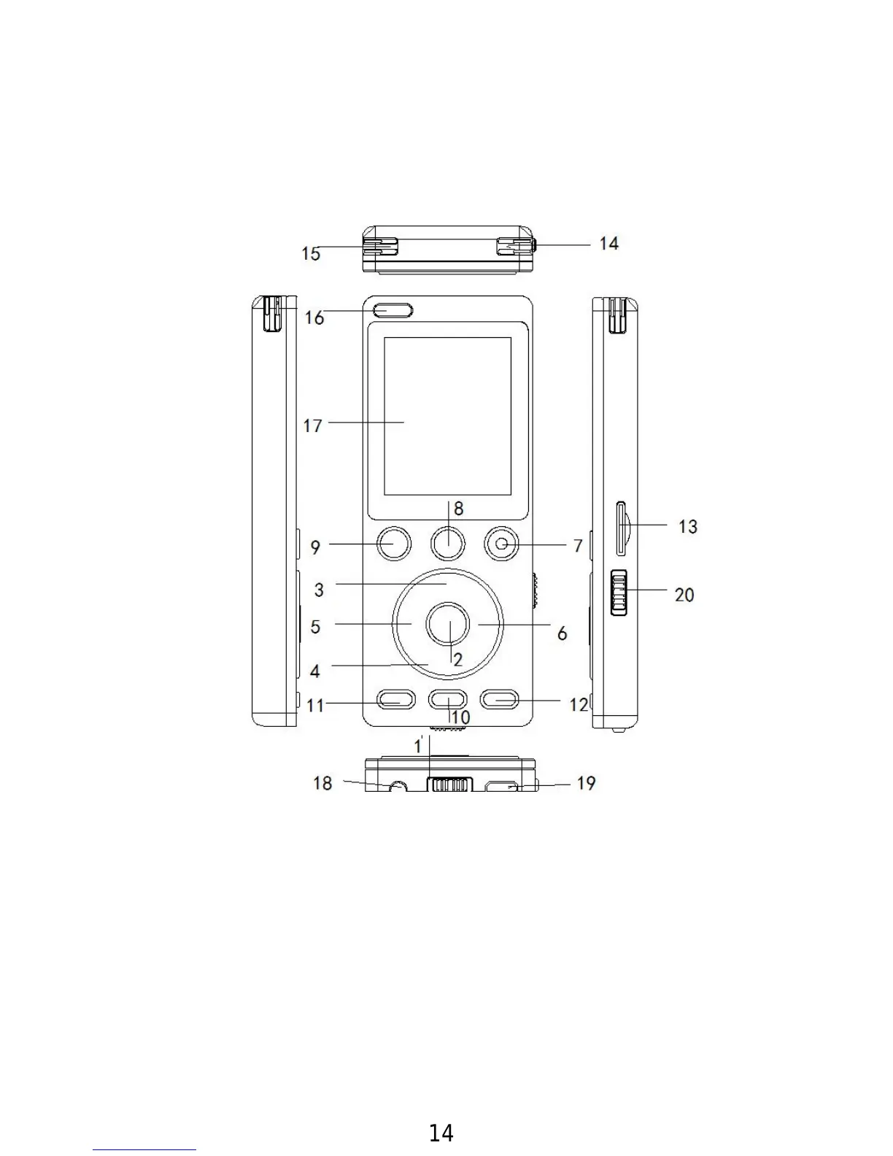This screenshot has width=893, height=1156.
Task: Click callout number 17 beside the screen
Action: [313, 426]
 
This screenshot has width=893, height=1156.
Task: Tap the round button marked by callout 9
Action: [395, 544]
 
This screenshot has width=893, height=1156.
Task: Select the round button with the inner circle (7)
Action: [501, 544]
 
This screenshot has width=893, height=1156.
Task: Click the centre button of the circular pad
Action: [447, 623]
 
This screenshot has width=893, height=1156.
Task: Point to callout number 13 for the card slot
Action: [688, 527]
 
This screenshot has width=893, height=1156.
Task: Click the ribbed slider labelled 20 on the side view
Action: [619, 593]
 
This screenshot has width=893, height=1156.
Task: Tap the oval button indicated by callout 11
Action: [396, 700]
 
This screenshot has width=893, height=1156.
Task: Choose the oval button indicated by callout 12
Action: [499, 700]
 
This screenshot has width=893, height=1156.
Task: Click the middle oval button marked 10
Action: [448, 700]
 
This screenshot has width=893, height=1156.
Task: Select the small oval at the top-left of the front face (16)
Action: [393, 310]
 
